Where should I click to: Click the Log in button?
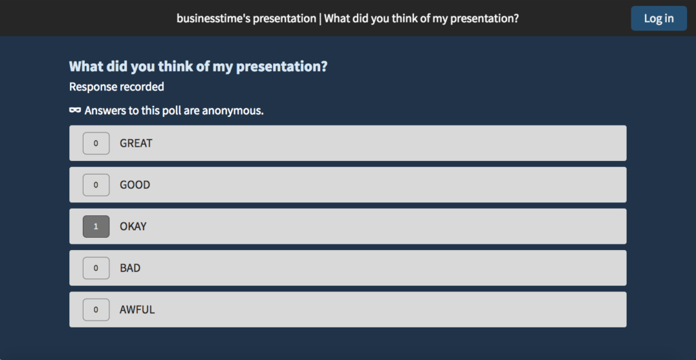pos(659,18)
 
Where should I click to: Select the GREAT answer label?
pos(136,143)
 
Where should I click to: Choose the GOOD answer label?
pos(135,185)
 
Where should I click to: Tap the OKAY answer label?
pos(133,226)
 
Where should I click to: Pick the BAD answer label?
pos(130,268)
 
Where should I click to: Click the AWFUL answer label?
pos(137,309)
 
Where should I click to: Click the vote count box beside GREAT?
pos(96,143)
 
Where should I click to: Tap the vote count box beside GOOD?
pos(96,185)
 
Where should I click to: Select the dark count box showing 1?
pos(96,226)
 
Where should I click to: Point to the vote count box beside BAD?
pos(96,268)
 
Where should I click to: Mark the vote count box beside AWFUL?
pos(96,309)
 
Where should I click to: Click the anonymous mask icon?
pos(75,110)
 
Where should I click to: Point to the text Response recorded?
pos(116,87)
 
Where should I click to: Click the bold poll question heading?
pos(198,67)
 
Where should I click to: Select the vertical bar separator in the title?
pos(320,18)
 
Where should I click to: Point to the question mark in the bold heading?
pos(324,67)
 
